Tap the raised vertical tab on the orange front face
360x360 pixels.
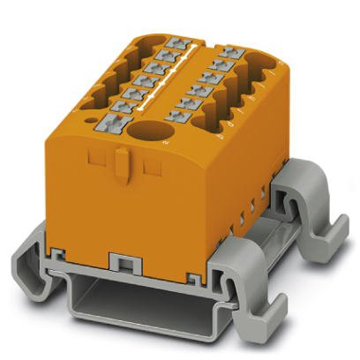pos(125,166)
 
